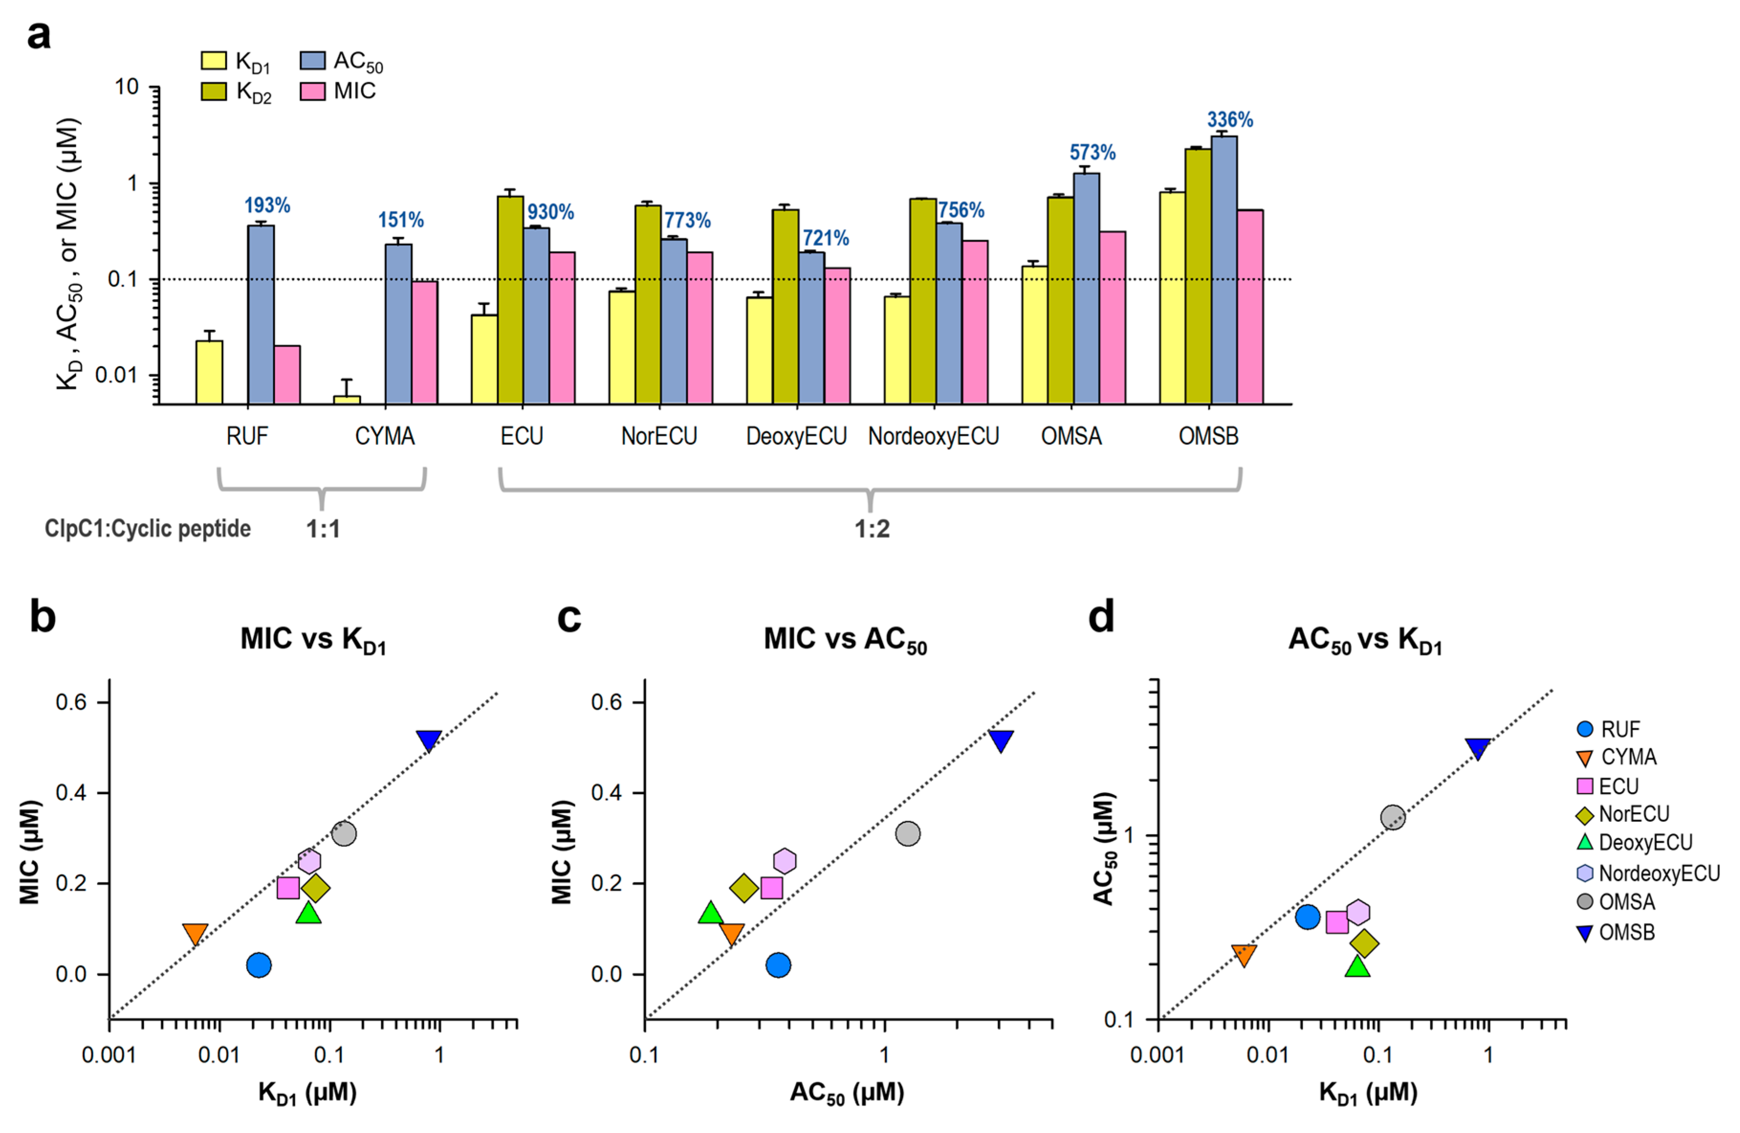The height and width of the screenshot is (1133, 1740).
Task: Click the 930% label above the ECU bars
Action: tap(551, 213)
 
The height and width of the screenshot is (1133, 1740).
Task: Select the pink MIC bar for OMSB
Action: tap(1250, 307)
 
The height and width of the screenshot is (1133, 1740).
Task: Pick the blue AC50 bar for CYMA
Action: tap(399, 324)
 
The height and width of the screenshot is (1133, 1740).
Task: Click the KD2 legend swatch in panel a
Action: tap(214, 91)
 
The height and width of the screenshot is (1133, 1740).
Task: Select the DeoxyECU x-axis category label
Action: tap(796, 436)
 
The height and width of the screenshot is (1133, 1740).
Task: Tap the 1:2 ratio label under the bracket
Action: tap(872, 528)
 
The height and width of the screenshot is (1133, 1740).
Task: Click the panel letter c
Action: tap(569, 618)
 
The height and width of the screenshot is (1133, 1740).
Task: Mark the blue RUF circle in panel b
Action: tap(259, 965)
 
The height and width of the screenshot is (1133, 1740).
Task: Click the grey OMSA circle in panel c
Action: tap(907, 833)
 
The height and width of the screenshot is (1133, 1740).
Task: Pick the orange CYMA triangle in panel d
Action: tap(1244, 954)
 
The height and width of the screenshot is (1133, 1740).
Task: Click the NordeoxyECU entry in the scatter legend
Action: tap(1659, 873)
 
